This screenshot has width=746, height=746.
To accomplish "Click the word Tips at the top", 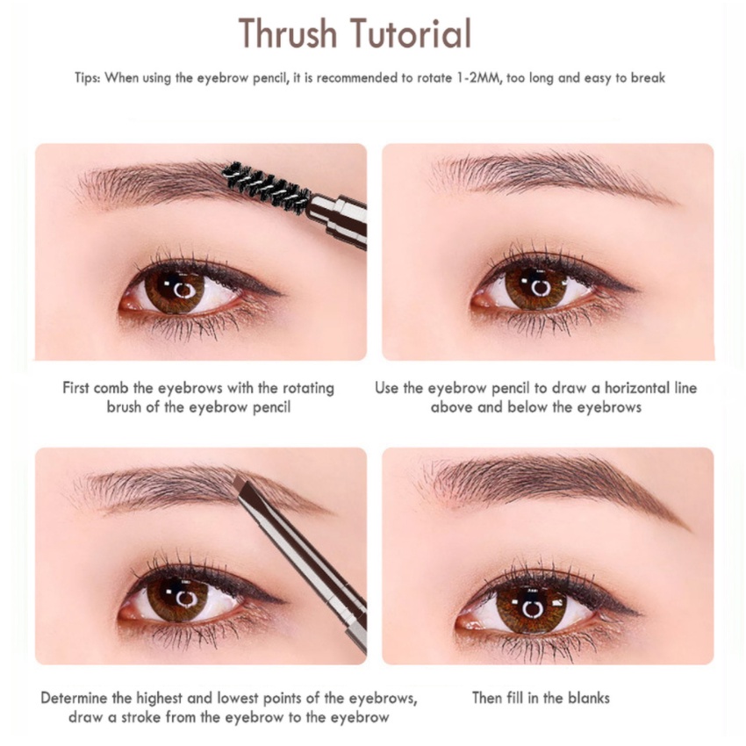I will pos(88,78).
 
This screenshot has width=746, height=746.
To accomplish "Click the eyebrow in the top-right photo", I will pos(544,172).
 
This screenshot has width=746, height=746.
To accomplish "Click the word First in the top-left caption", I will pos(80,388).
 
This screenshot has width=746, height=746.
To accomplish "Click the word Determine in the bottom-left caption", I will pos(76,699).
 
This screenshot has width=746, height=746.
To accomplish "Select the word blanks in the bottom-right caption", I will pos(586,699).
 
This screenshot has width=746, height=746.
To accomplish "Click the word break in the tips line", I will pos(648,78).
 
